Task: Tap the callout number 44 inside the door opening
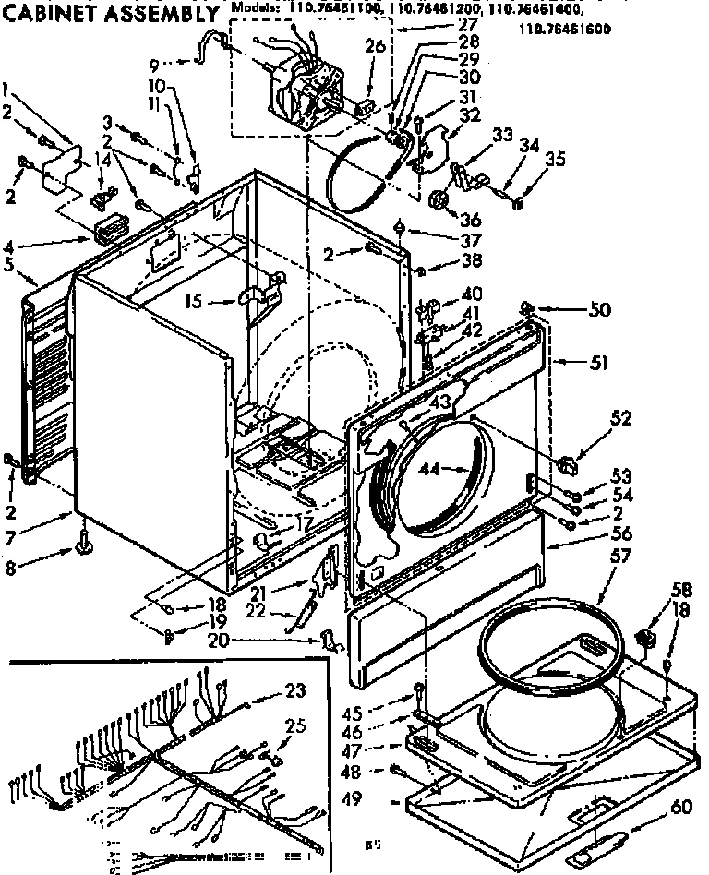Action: coord(427,469)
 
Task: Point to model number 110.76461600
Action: coord(564,29)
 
